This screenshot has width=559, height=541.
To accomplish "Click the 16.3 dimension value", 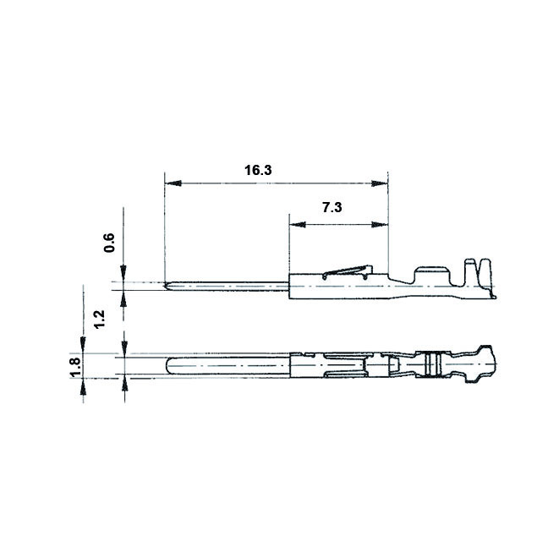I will pyautogui.click(x=258, y=170).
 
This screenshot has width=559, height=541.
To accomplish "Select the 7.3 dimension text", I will pyautogui.click(x=332, y=207).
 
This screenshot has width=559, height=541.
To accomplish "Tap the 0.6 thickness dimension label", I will pyautogui.click(x=109, y=243).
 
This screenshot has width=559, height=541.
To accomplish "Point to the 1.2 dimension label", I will pyautogui.click(x=100, y=319).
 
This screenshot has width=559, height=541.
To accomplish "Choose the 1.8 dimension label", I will pyautogui.click(x=74, y=366).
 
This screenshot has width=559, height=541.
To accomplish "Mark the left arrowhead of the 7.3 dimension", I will pyautogui.click(x=296, y=225).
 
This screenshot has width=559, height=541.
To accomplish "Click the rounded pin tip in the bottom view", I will pyautogui.click(x=169, y=366).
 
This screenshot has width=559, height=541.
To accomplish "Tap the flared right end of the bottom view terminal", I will pyautogui.click(x=487, y=362).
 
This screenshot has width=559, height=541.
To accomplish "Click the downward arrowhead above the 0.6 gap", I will pyautogui.click(x=124, y=275).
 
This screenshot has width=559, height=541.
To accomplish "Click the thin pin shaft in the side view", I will pyautogui.click(x=228, y=285).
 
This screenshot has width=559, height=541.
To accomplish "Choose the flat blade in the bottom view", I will pyautogui.click(x=228, y=366).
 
